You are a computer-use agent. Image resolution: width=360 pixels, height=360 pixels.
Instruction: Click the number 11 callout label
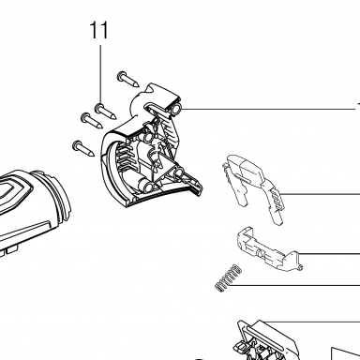tap(99, 30)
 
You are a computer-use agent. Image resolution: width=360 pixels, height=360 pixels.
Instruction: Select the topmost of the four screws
tap(128, 80)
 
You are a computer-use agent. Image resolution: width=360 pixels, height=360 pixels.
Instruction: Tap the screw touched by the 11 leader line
tap(106, 112)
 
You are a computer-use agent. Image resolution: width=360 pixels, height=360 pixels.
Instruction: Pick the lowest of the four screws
tap(83, 149)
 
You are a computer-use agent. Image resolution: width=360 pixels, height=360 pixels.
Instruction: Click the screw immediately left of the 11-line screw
tap(92, 121)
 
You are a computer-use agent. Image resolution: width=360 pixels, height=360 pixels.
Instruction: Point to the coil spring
tap(229, 277)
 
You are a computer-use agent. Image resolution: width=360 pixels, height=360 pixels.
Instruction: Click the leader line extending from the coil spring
tap(297, 285)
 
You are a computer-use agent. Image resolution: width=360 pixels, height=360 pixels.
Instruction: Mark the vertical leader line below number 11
tap(100, 75)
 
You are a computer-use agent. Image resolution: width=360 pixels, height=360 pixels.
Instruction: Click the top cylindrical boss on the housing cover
tap(176, 109)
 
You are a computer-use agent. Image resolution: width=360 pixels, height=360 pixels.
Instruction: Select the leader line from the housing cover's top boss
tap(269, 109)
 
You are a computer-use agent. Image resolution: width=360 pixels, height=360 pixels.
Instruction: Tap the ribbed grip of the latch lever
tap(277, 201)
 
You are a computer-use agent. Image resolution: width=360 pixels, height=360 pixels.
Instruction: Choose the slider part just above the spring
tap(270, 249)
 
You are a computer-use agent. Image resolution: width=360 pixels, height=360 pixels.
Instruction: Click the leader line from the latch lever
tap(321, 195)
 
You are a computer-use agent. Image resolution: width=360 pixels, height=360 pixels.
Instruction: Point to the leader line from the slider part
tap(329, 253)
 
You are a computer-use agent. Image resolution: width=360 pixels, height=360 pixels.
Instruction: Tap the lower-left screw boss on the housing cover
tap(148, 187)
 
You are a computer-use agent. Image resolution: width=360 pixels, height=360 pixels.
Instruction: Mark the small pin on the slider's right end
tap(300, 267)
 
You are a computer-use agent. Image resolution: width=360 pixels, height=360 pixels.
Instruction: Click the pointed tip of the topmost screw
tap(137, 85)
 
